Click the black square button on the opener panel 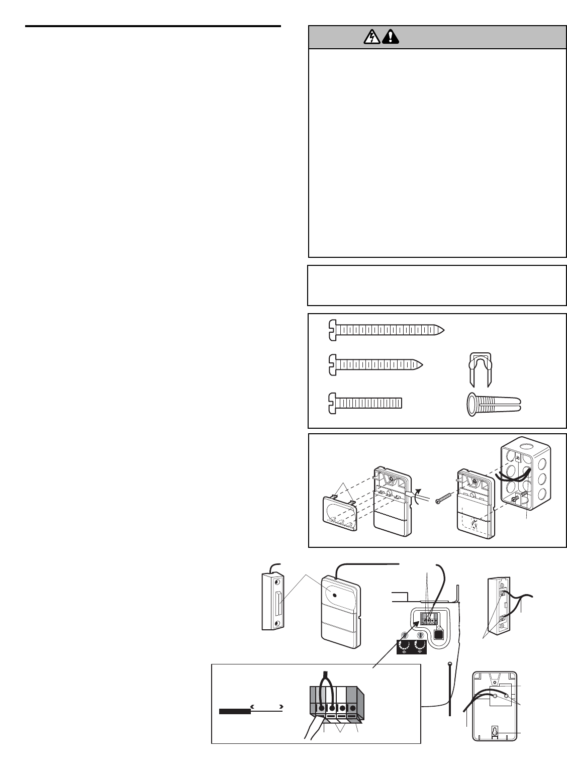(438, 635)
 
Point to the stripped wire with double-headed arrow (251, 711)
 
